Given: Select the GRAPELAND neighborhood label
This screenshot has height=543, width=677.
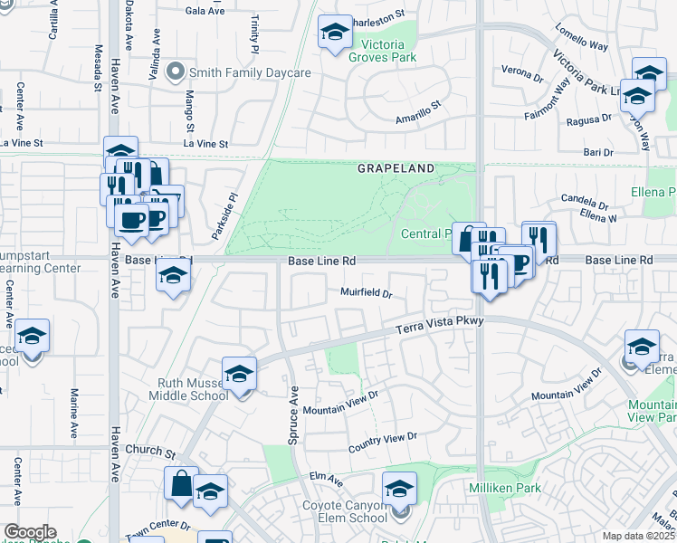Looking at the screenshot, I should [x=396, y=169].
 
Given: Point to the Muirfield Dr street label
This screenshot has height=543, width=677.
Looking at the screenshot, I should [x=366, y=293].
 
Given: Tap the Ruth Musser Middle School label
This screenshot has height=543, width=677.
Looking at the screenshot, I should [x=193, y=389].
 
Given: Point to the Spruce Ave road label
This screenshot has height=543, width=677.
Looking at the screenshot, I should [x=293, y=415].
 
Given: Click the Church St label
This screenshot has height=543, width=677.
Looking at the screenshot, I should [x=149, y=450].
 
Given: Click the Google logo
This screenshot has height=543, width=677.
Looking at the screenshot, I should [x=30, y=533].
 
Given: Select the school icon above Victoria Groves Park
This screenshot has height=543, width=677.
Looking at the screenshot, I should [x=335, y=33].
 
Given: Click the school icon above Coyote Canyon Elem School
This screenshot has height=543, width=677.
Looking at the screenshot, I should [x=398, y=489].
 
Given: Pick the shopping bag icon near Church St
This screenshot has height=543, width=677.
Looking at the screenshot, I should [x=181, y=484].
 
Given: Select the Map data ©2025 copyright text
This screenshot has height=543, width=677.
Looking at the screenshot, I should [x=638, y=536].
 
